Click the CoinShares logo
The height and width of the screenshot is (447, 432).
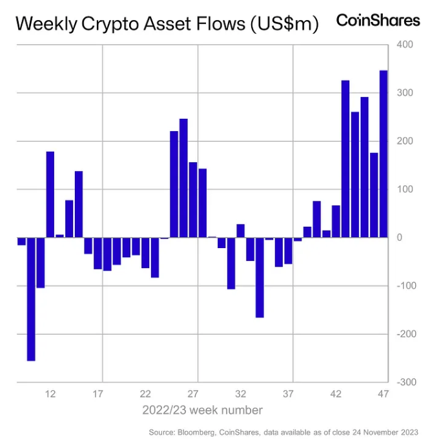pos(378,20)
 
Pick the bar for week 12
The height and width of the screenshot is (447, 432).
pos(50,194)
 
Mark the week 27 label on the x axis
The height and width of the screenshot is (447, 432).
pos(193,393)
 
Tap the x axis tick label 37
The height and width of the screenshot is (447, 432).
pos(288,393)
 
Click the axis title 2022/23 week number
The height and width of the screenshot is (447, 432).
pos(202,410)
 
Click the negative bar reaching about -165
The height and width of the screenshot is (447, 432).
pos(260,277)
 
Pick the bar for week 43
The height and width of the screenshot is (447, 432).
pos(345,159)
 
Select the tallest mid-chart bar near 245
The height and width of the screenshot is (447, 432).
pos(183,178)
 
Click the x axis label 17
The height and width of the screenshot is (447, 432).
pos(98,393)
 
